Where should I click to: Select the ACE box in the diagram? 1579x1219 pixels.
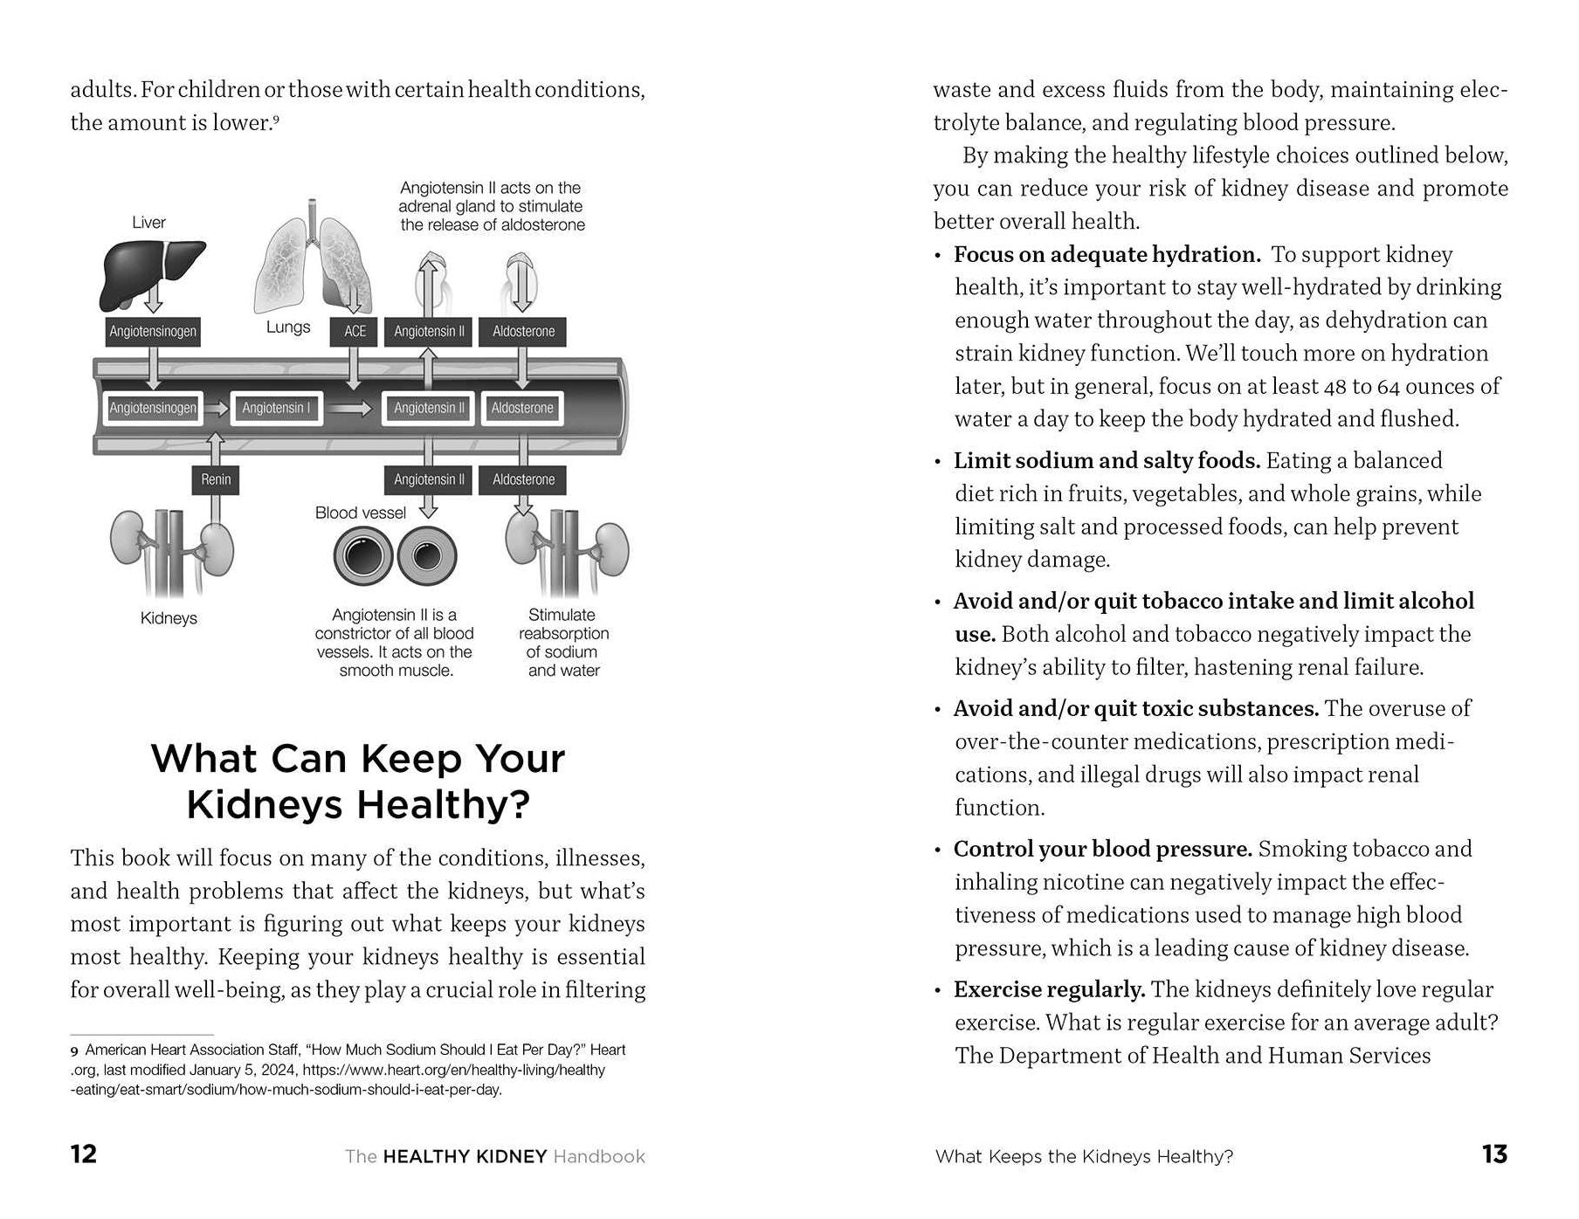pos(355,332)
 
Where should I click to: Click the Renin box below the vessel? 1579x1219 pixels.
pos(216,479)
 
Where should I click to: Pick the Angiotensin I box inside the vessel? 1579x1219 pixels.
pos(276,408)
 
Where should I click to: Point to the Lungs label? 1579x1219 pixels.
pos(288,327)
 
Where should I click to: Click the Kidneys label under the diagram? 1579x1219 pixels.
pos(169,618)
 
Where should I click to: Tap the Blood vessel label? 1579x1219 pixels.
pos(360,513)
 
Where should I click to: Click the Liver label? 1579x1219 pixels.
pos(148,223)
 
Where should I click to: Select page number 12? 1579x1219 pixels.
pos(84,1154)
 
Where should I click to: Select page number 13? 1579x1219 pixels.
pos(1494,1154)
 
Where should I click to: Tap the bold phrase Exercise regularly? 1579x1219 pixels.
pos(1049,989)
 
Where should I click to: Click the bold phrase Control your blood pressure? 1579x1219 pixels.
pos(1102,849)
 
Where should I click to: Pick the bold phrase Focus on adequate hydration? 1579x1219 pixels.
pos(1107,254)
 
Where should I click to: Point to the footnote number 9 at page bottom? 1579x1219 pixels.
pos(74,1050)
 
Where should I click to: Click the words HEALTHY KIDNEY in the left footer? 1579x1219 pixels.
pos(465,1156)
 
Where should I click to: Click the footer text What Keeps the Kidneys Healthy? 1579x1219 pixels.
pos(1084,1156)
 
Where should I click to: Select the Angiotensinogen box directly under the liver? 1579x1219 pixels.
pos(153,332)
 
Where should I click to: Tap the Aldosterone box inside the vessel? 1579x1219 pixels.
pos(522,408)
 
